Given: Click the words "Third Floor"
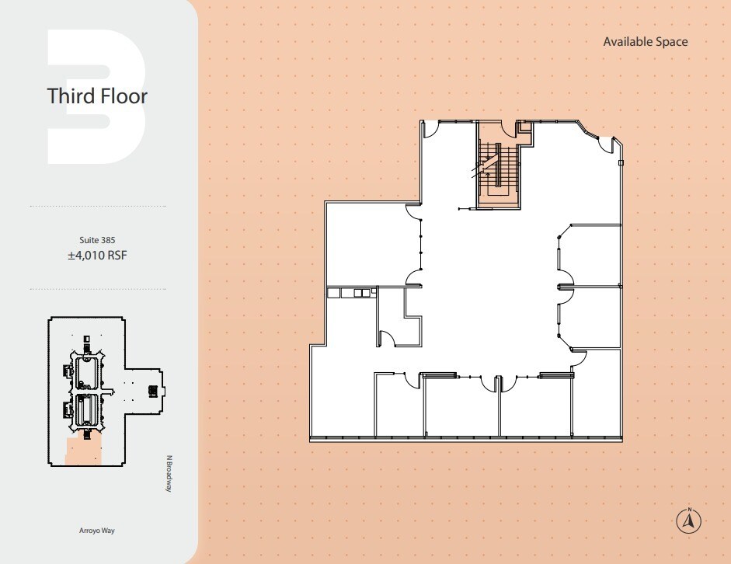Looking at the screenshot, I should pos(97,96).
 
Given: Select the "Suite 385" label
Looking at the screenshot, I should pos(97,239).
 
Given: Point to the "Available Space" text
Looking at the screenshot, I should pos(645,42).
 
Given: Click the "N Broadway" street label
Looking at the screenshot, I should pos(168,472).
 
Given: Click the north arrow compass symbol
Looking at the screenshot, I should pos(688,520).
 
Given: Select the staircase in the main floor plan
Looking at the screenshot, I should pos(497,167).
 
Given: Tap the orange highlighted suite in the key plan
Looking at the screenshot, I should pos(82,450).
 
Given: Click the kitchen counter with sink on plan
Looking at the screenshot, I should pos(351,293).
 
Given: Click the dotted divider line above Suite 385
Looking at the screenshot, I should pos(97,207).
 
